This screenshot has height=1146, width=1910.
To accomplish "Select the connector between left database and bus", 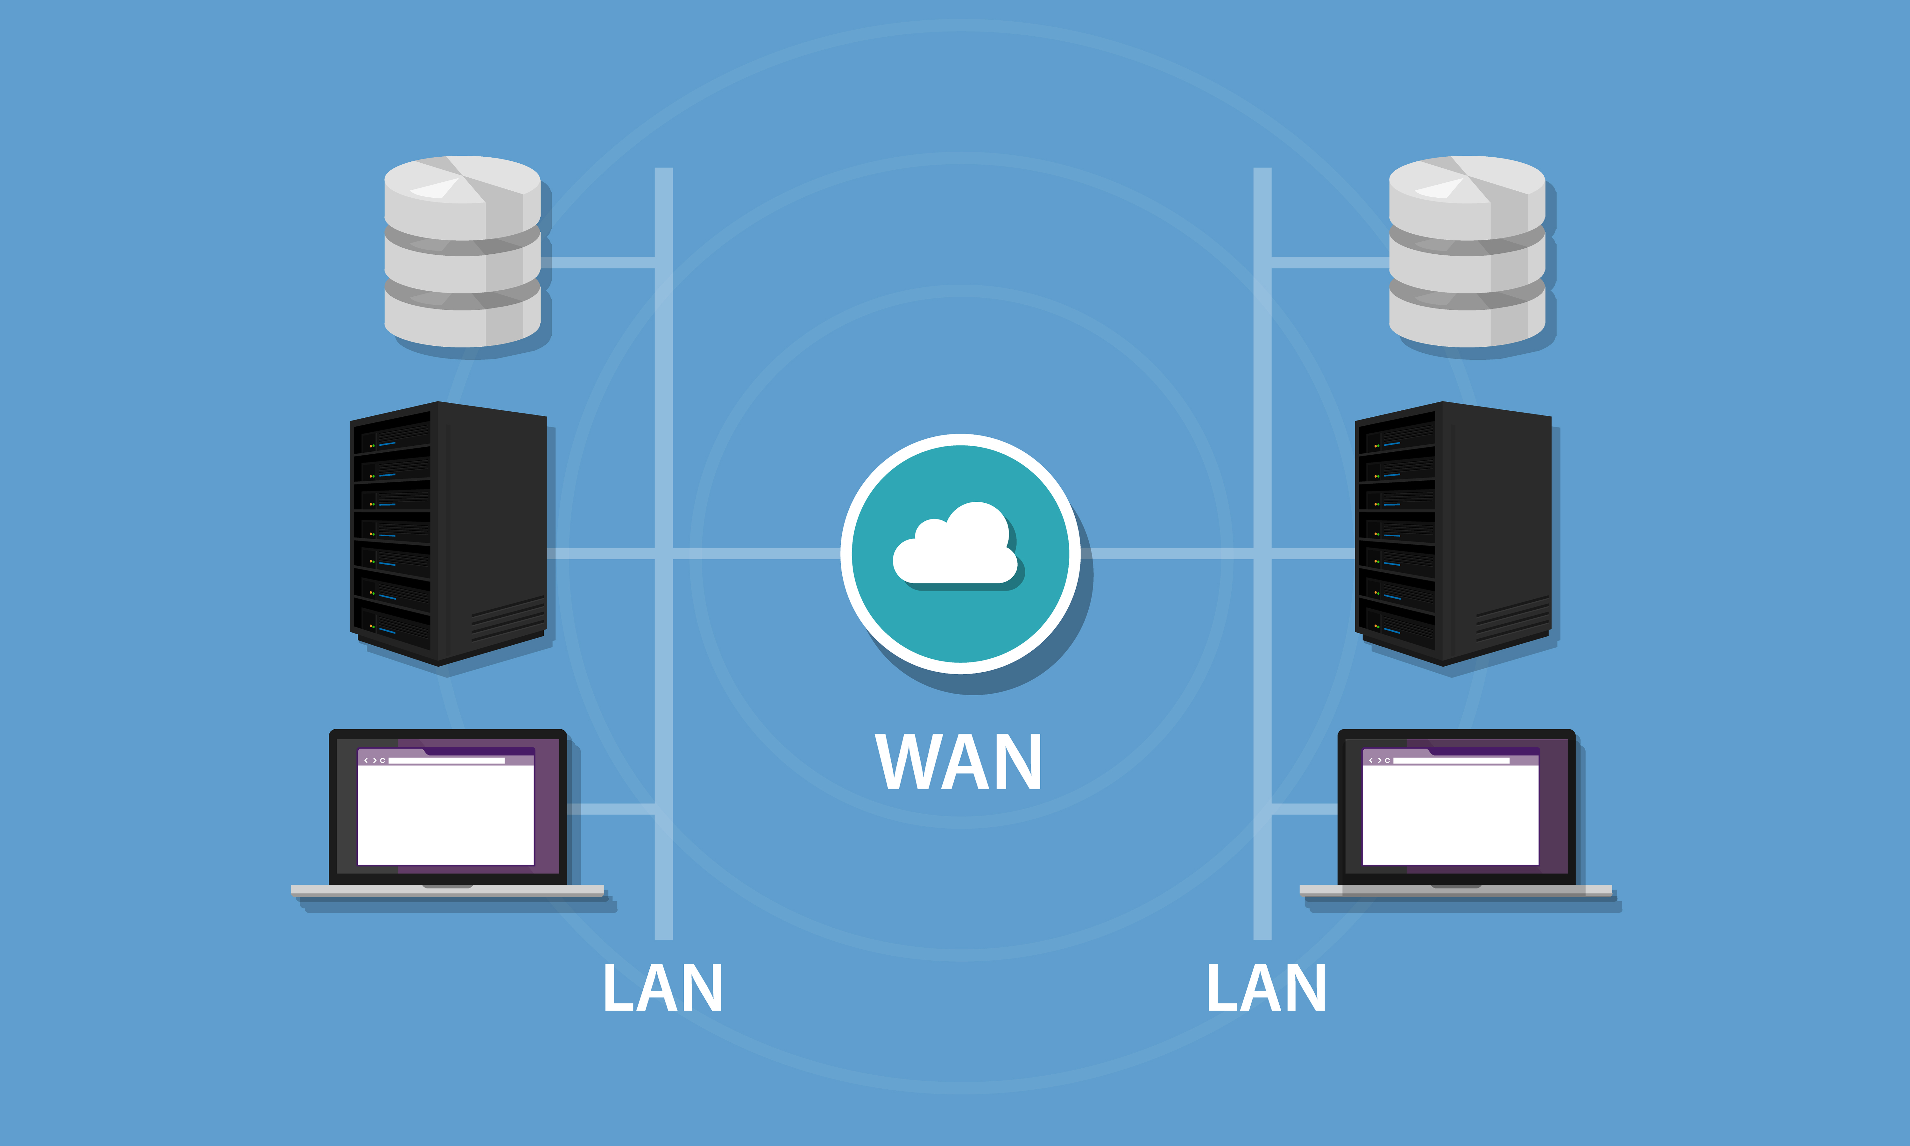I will pyautogui.click(x=598, y=263).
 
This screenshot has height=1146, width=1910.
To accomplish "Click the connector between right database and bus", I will pyautogui.click(x=1329, y=263).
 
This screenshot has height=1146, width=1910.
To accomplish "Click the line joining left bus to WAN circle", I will pyautogui.click(x=757, y=553).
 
